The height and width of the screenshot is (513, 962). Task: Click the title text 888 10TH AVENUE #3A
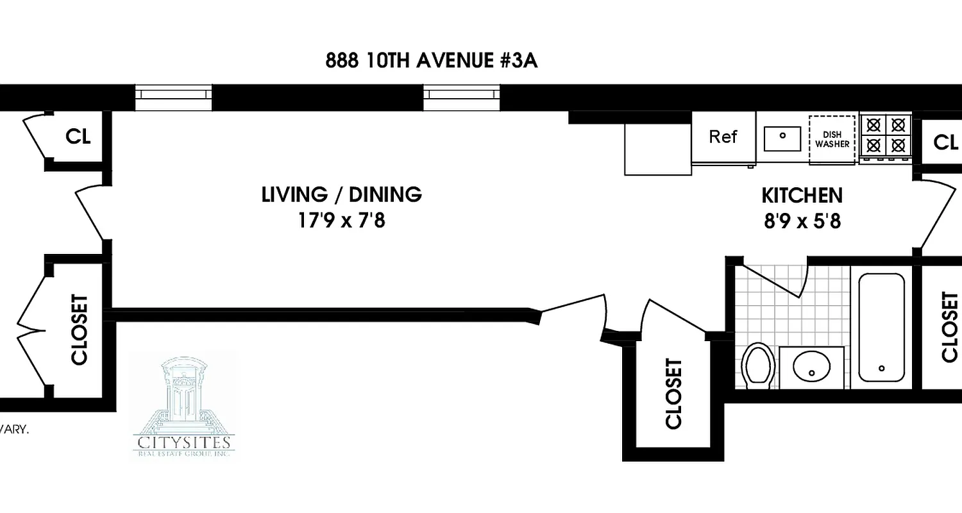[431, 61]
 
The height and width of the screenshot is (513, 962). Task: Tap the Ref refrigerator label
[723, 137]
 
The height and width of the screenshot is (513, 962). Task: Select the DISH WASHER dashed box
[832, 140]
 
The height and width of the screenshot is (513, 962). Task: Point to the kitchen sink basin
[782, 137]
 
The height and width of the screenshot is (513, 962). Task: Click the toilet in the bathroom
[757, 366]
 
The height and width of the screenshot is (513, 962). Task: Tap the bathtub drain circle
[882, 368]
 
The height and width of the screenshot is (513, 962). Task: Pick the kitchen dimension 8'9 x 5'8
[802, 221]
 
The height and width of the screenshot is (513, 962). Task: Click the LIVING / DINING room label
[342, 194]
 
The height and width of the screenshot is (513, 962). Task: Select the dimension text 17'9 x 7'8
[341, 221]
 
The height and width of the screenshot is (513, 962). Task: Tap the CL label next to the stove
[945, 142]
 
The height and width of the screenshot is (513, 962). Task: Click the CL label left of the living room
[78, 137]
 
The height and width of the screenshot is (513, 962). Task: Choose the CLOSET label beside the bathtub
[949, 327]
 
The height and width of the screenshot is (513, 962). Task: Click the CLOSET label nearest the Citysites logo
[80, 330]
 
